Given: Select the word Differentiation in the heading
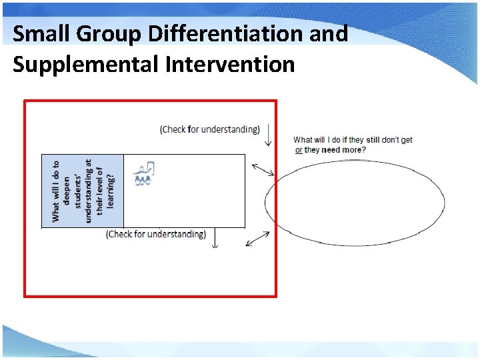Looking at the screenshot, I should point(227,33).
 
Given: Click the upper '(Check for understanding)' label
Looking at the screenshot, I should point(210,129).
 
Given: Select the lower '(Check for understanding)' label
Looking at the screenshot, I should point(156,234).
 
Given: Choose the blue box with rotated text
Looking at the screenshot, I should point(83,191).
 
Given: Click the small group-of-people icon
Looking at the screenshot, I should point(144,174).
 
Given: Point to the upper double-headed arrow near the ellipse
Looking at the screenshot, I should point(262,170).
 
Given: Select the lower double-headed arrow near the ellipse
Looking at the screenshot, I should point(257,238).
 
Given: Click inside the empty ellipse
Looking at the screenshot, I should point(355,203).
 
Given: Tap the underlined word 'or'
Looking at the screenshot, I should point(299,150).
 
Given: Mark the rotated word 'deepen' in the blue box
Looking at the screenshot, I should point(67,191).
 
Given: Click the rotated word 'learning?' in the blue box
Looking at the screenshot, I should point(111,191).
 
